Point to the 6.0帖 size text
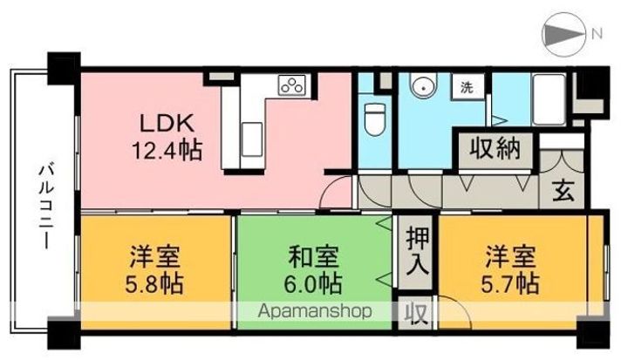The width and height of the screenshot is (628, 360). click(314, 283)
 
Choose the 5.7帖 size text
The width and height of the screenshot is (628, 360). click(512, 283)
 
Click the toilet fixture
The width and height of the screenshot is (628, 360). click(375, 118)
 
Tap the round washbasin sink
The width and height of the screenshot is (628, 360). click(424, 87)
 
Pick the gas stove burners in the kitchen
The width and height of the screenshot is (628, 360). click(291, 85)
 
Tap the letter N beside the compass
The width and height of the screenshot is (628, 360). click(597, 35)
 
